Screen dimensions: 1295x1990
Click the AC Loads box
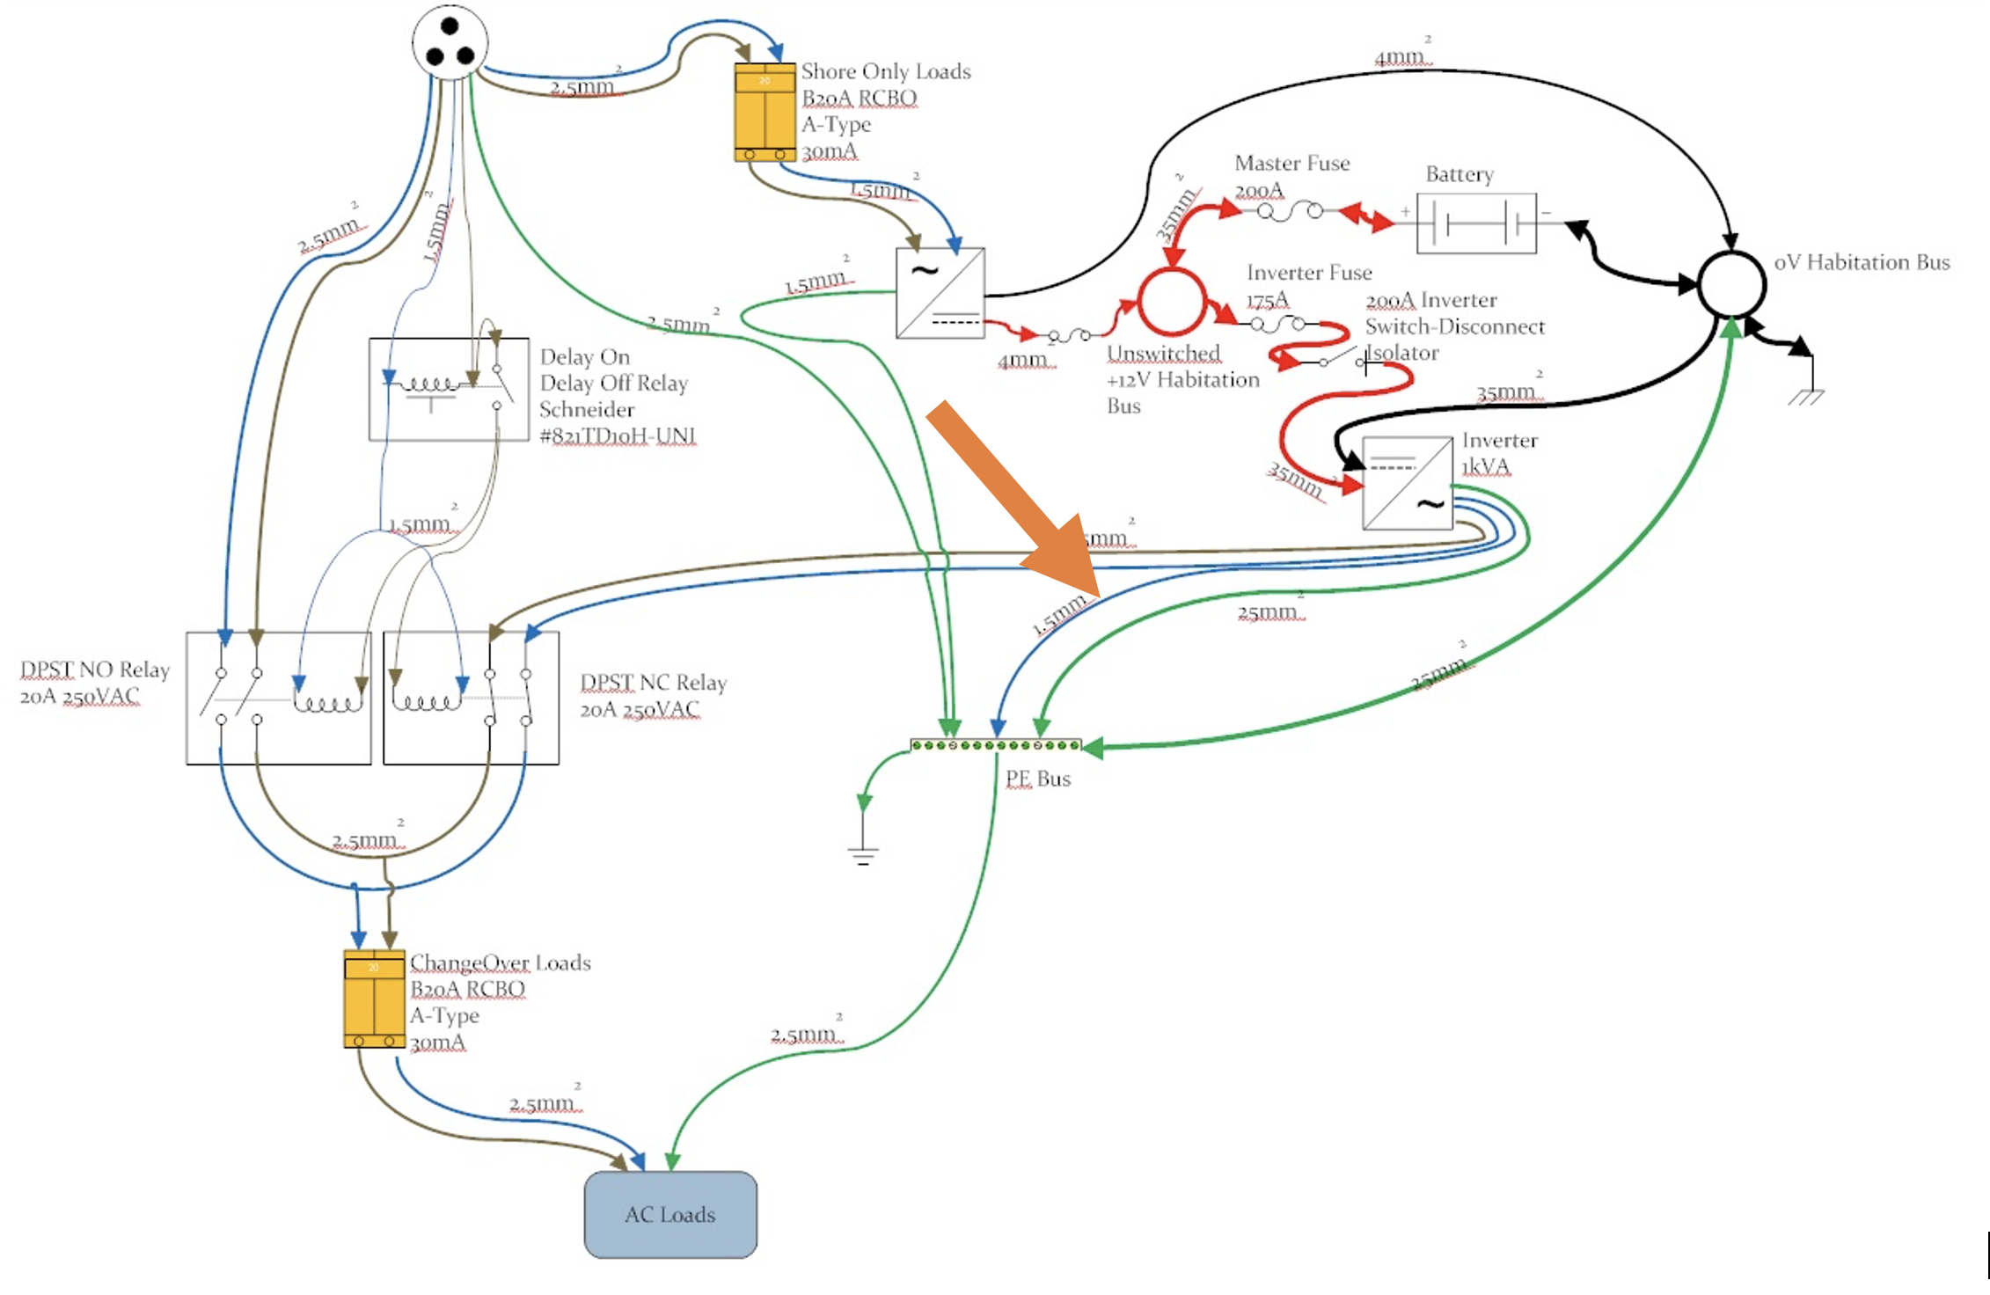[x=670, y=1214]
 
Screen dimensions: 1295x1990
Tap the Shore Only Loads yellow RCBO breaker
[x=765, y=112]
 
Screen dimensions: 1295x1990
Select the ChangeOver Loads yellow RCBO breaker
[x=374, y=999]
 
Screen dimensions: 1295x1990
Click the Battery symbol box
[x=1476, y=223]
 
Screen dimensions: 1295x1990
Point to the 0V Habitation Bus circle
[x=1730, y=284]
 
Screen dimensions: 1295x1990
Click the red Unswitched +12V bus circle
[x=1172, y=302]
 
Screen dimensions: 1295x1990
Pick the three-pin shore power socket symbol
[x=450, y=42]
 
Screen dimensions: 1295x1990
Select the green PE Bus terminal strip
[x=996, y=745]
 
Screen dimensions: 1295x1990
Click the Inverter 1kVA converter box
[x=1407, y=483]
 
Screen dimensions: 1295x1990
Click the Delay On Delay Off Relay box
[x=449, y=389]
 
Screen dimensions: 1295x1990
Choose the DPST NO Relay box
[x=278, y=698]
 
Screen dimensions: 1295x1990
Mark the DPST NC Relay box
[x=471, y=698]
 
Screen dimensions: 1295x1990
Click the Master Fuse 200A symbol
[x=1290, y=212]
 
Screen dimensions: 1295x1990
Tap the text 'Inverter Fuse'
[x=1309, y=273]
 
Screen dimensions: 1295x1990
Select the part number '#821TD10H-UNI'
[x=618, y=436]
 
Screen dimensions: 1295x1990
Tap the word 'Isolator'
[x=1402, y=354]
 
